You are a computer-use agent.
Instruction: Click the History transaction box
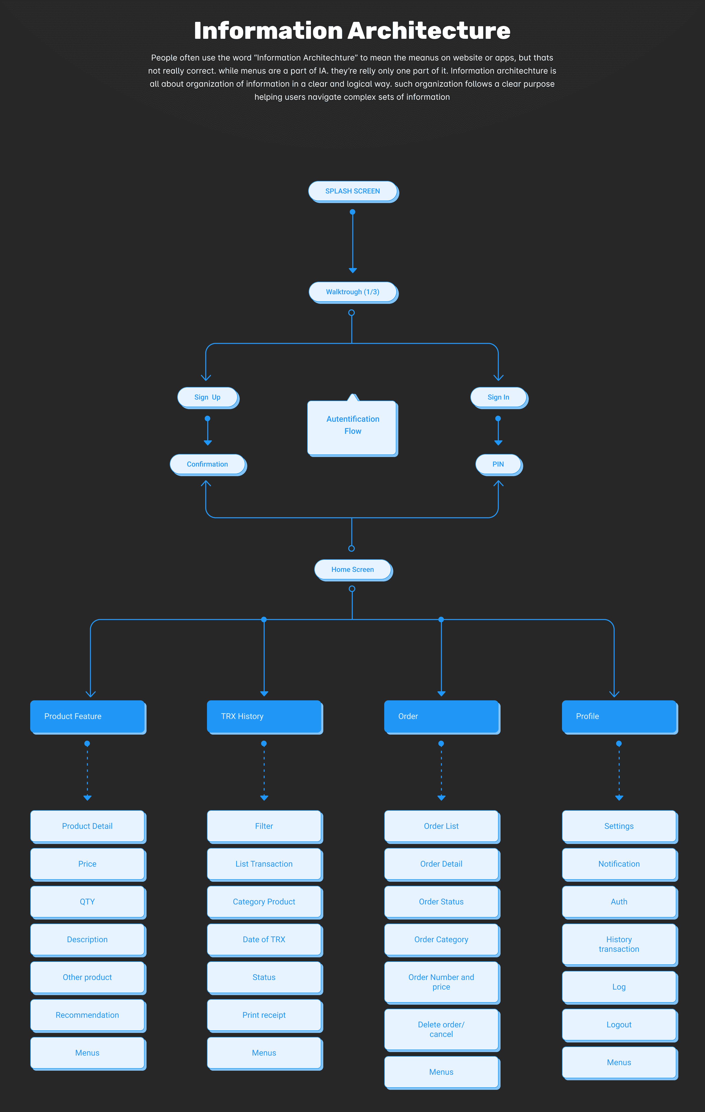click(620, 945)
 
